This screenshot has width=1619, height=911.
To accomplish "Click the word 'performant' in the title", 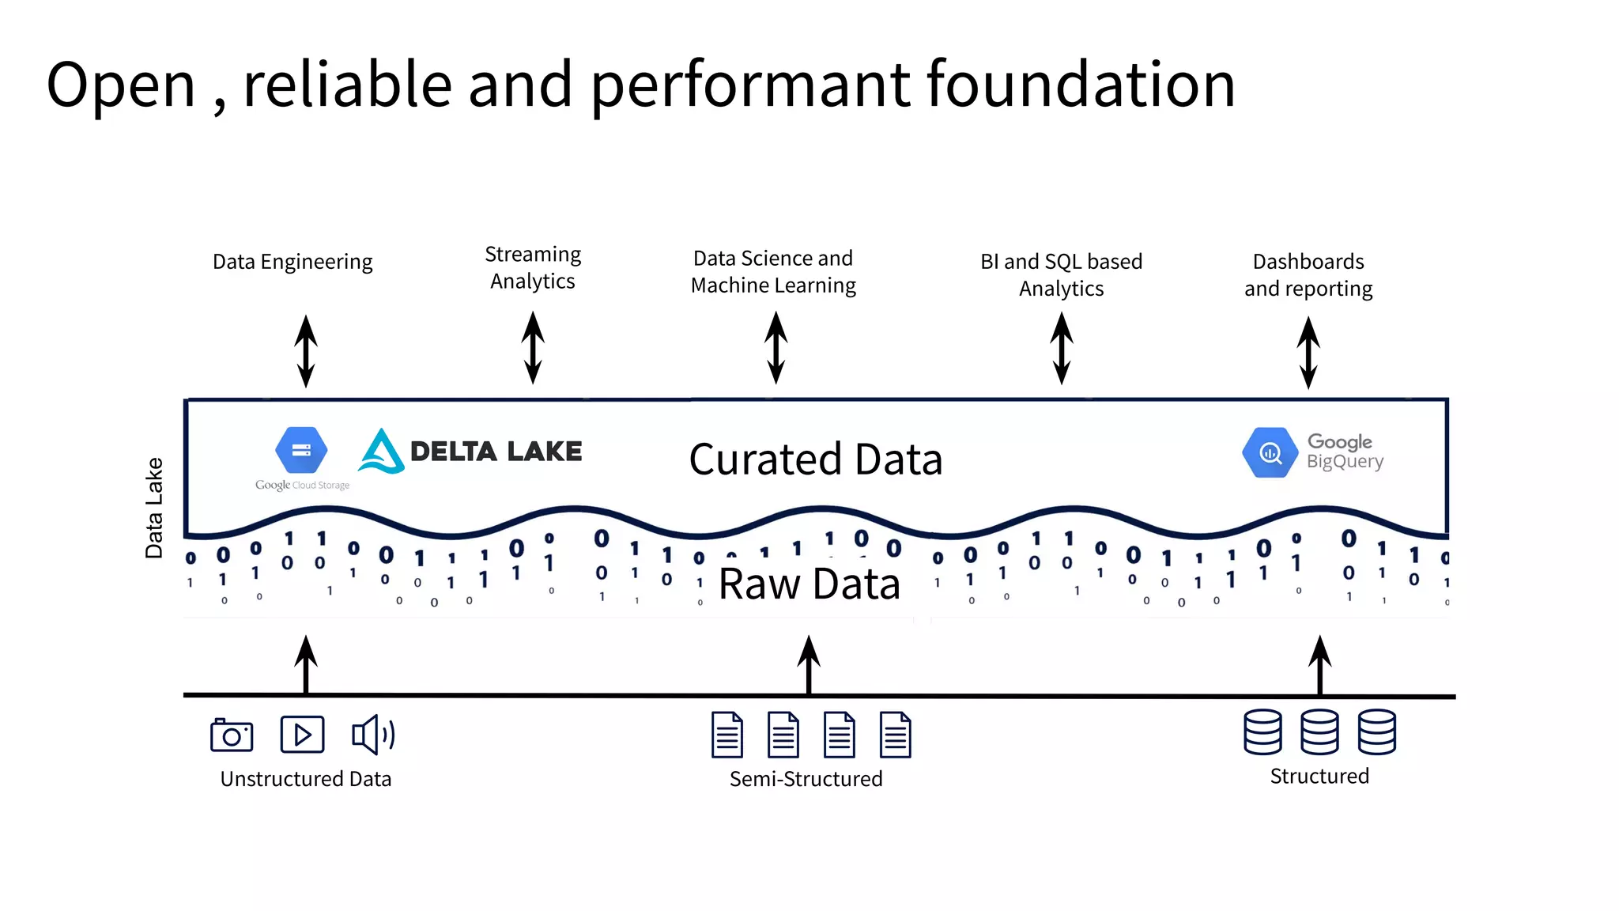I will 749,85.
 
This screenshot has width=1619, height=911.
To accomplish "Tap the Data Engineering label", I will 292,262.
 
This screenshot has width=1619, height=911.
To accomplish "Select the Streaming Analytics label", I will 533,267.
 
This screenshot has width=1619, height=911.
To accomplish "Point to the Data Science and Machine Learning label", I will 773,271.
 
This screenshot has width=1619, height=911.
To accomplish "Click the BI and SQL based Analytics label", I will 1061,274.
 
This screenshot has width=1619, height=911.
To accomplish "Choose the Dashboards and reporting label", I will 1308,274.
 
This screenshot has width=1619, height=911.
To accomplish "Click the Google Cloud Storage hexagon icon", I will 301,450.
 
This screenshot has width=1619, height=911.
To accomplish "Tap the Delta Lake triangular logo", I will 381,452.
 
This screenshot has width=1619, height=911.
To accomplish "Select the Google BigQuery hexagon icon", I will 1270,452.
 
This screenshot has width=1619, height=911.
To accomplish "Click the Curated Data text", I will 816,459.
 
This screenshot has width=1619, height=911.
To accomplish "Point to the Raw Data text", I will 809,584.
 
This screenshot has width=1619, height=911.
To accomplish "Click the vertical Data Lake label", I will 154,508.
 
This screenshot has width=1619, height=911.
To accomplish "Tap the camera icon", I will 232,735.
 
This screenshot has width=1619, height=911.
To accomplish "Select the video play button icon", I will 302,735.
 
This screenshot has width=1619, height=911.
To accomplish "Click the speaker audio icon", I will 372,735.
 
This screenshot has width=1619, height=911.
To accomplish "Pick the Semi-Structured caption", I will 806,779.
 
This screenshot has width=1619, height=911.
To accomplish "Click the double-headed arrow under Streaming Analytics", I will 533,348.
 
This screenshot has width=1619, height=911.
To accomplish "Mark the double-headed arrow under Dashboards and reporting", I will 1308,352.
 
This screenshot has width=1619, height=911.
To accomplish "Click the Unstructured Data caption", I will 306,779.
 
